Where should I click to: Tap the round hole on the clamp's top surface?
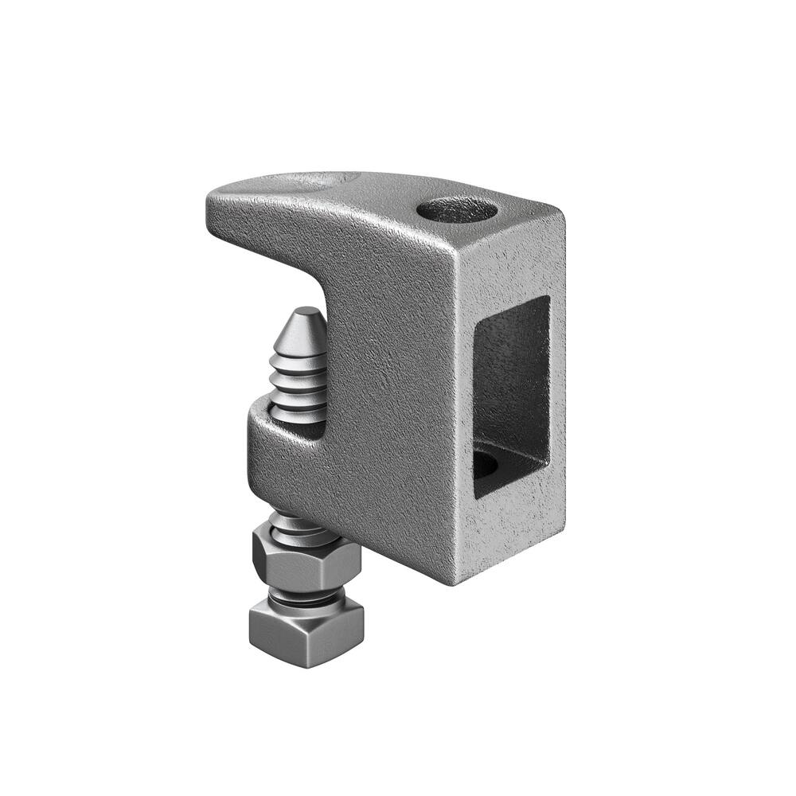point(457,210)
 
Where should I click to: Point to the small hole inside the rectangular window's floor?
point(487,462)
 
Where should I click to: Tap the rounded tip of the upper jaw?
point(217,199)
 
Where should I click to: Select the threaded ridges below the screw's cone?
point(299,382)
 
